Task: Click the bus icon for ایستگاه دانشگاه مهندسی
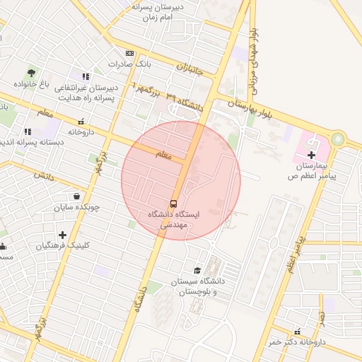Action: pyautogui.click(x=174, y=200)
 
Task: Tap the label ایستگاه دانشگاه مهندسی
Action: pyautogui.click(x=174, y=218)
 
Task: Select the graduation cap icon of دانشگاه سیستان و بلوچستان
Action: pyautogui.click(x=197, y=271)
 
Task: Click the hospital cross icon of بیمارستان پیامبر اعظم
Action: pyautogui.click(x=311, y=154)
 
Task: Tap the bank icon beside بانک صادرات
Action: pyautogui.click(x=129, y=53)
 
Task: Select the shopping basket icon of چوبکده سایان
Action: pyautogui.click(x=76, y=196)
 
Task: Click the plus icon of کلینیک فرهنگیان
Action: pyautogui.click(x=63, y=235)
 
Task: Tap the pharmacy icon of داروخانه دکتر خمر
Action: pyautogui.click(x=297, y=331)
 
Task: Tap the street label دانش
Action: pyautogui.click(x=44, y=174)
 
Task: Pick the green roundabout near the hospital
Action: pyautogui.click(x=338, y=139)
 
